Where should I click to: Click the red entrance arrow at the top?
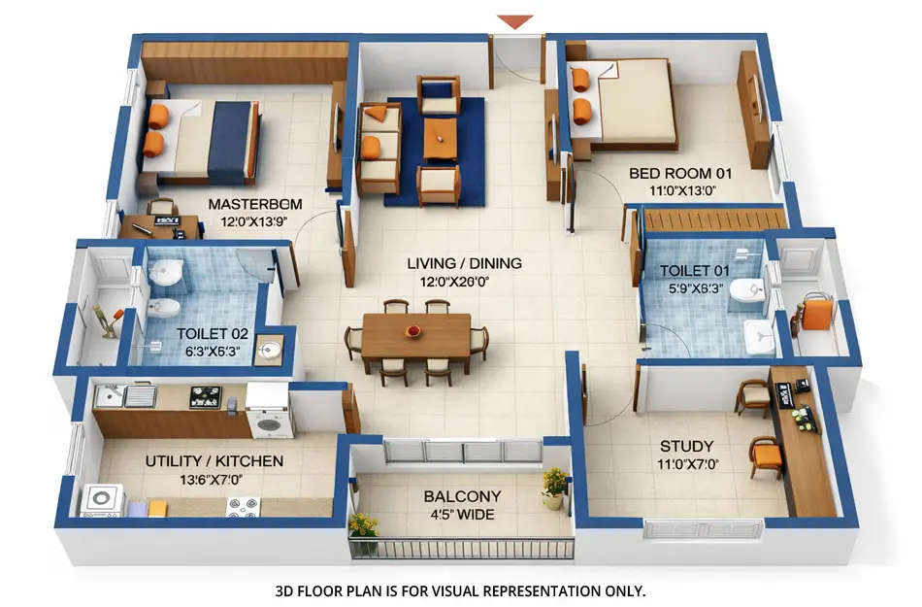tap(514, 21)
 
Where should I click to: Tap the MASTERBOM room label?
tap(255, 204)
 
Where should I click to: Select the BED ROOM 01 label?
tap(679, 174)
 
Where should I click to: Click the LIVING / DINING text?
tap(464, 263)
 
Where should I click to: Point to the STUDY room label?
tap(686, 447)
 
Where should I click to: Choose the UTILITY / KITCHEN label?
tap(214, 460)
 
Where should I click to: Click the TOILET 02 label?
tap(212, 333)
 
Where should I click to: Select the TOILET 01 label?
tap(693, 271)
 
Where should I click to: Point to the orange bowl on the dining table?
tap(412, 332)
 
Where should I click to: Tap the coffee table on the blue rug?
tap(440, 137)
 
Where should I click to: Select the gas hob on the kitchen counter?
tap(205, 396)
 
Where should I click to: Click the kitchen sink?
tap(139, 395)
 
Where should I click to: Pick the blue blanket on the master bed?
tap(229, 143)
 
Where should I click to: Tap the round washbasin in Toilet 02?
tap(270, 350)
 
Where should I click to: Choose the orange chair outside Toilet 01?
tap(817, 314)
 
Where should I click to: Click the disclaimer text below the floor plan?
tap(461, 590)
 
